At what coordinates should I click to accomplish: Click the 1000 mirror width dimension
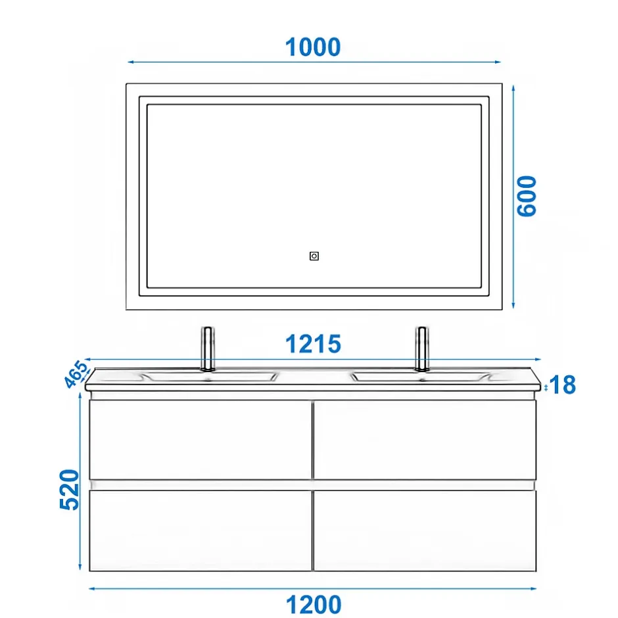(x=313, y=47)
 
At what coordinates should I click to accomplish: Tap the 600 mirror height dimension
(x=527, y=197)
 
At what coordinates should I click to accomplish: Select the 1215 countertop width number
(x=313, y=344)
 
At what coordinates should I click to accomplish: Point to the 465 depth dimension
(x=76, y=373)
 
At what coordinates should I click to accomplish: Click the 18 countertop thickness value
(x=562, y=385)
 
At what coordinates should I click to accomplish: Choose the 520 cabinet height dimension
(x=70, y=490)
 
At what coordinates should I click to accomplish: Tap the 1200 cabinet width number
(x=314, y=604)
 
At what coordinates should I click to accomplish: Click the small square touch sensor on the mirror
(x=314, y=256)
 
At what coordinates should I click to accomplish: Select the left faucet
(x=208, y=349)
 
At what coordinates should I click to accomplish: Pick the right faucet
(x=422, y=349)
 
